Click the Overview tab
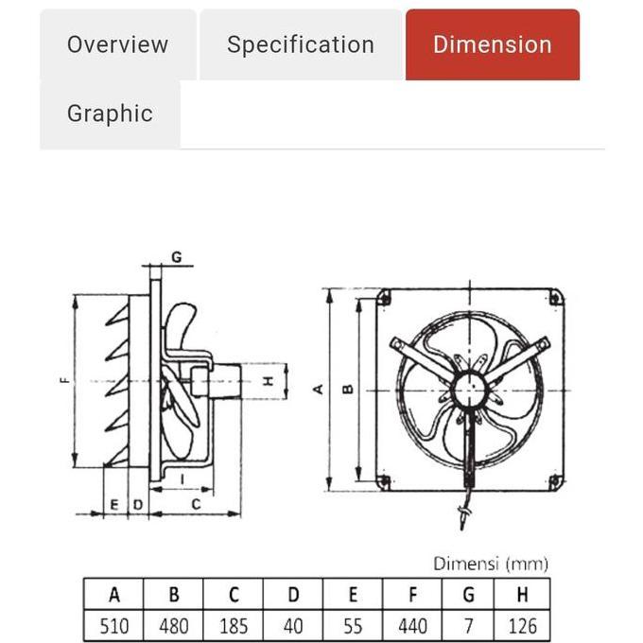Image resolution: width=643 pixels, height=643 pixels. click(x=117, y=44)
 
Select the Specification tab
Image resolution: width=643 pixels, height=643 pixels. click(x=301, y=44)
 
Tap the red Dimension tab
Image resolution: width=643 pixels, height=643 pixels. click(x=492, y=44)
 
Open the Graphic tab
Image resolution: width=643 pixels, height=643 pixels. click(x=110, y=113)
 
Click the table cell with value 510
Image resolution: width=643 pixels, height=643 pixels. click(x=114, y=625)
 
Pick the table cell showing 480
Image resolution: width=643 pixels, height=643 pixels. click(x=174, y=625)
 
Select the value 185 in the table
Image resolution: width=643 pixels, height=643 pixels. click(x=234, y=625)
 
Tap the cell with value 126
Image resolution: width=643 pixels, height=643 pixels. click(x=523, y=625)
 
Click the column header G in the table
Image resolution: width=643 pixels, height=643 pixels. click(x=470, y=595)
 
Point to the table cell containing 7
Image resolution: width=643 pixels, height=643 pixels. click(x=470, y=625)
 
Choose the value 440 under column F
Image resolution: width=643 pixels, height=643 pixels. click(x=412, y=625)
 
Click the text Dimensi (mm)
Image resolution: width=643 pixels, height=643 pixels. click(x=491, y=564)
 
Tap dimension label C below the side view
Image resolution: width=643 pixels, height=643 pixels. click(x=197, y=505)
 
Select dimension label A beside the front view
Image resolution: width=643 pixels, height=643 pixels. click(x=319, y=389)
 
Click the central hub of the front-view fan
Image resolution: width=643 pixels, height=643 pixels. click(x=467, y=389)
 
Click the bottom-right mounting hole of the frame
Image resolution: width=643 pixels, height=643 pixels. click(x=555, y=481)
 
